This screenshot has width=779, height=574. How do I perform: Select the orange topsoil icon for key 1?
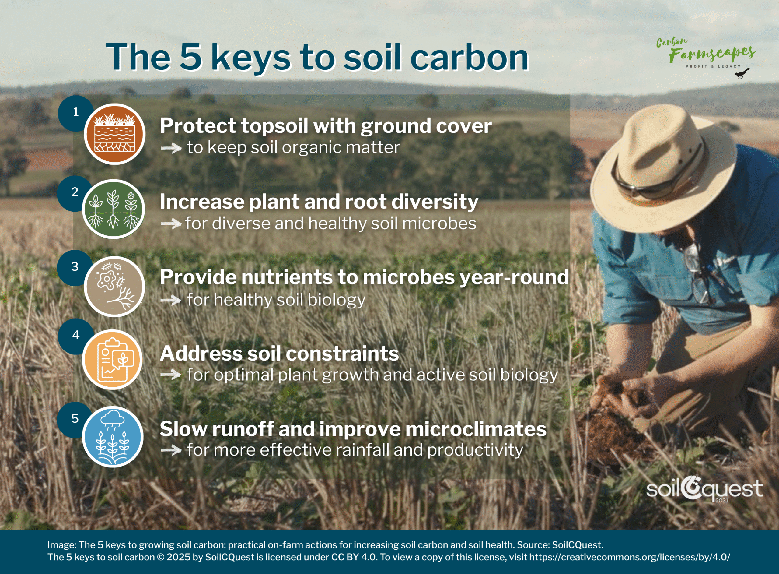114,134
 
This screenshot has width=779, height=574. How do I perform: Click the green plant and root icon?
114,209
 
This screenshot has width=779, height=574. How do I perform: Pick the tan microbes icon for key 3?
114,287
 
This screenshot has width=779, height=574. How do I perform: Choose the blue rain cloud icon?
113,437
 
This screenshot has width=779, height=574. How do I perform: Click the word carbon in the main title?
469,57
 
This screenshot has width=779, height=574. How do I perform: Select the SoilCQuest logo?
704,489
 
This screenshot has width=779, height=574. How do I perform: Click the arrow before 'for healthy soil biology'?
171,300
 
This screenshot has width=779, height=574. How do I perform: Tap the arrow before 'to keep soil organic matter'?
171,148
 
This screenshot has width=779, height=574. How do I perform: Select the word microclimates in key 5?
476,429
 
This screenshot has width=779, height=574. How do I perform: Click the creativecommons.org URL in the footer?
630,557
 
